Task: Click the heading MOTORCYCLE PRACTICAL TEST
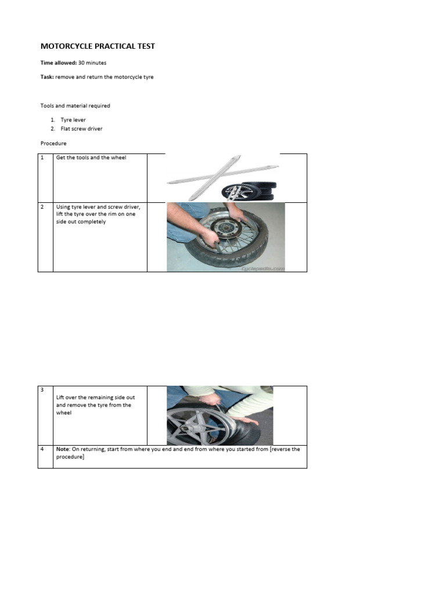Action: coord(98,46)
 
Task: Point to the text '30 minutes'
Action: coord(92,62)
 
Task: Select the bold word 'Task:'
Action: coord(47,77)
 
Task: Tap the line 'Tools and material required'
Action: coord(75,106)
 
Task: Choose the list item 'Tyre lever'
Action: coord(73,120)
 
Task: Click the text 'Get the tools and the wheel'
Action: coord(91,157)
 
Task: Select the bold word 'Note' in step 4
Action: coord(63,449)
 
